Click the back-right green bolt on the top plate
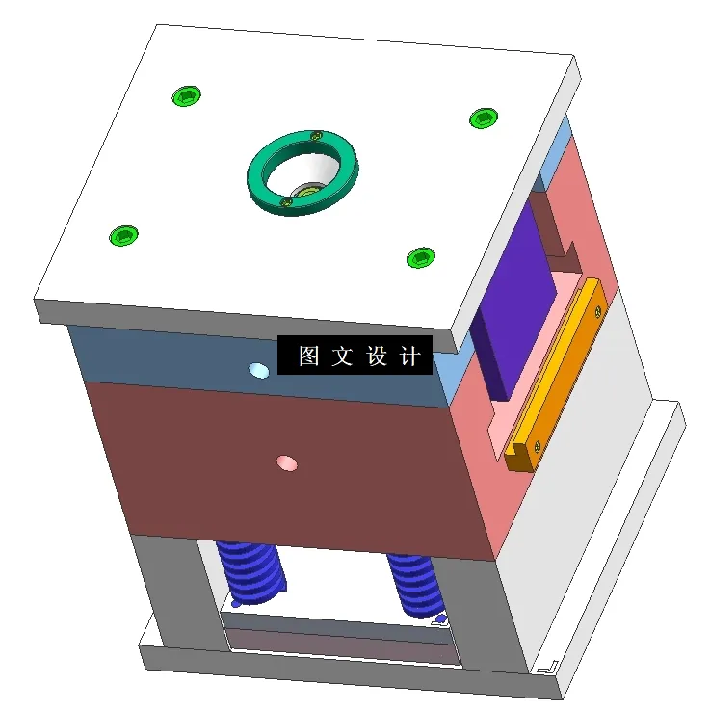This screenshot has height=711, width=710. [x=483, y=118]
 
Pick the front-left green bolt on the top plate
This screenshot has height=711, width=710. [x=123, y=235]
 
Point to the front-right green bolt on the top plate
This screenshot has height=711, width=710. [x=420, y=257]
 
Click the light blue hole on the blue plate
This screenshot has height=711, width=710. [x=258, y=370]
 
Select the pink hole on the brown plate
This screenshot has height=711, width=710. [x=286, y=463]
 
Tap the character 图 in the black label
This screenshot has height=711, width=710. [x=308, y=356]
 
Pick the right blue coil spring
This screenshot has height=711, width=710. [x=415, y=584]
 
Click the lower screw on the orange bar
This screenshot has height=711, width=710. [x=536, y=445]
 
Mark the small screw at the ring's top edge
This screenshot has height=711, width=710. [x=315, y=137]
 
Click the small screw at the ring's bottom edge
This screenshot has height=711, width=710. [x=285, y=202]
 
